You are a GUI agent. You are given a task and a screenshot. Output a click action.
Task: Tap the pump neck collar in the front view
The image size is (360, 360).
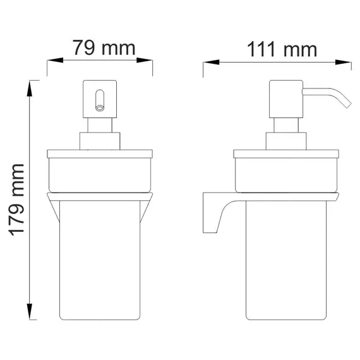point(99,141)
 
